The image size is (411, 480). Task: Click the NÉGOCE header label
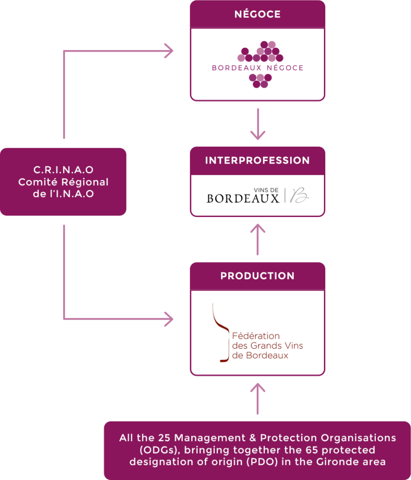tap(257, 15)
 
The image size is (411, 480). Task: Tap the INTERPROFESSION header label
tap(257, 161)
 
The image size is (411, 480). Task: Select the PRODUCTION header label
tap(257, 276)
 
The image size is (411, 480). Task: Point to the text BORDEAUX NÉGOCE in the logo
tap(257, 68)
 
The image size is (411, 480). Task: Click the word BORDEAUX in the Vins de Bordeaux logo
tap(243, 198)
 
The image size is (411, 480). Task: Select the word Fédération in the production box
tap(256, 336)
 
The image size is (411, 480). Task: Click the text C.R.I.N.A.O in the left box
tap(63, 170)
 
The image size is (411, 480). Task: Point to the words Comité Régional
tap(63, 182)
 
